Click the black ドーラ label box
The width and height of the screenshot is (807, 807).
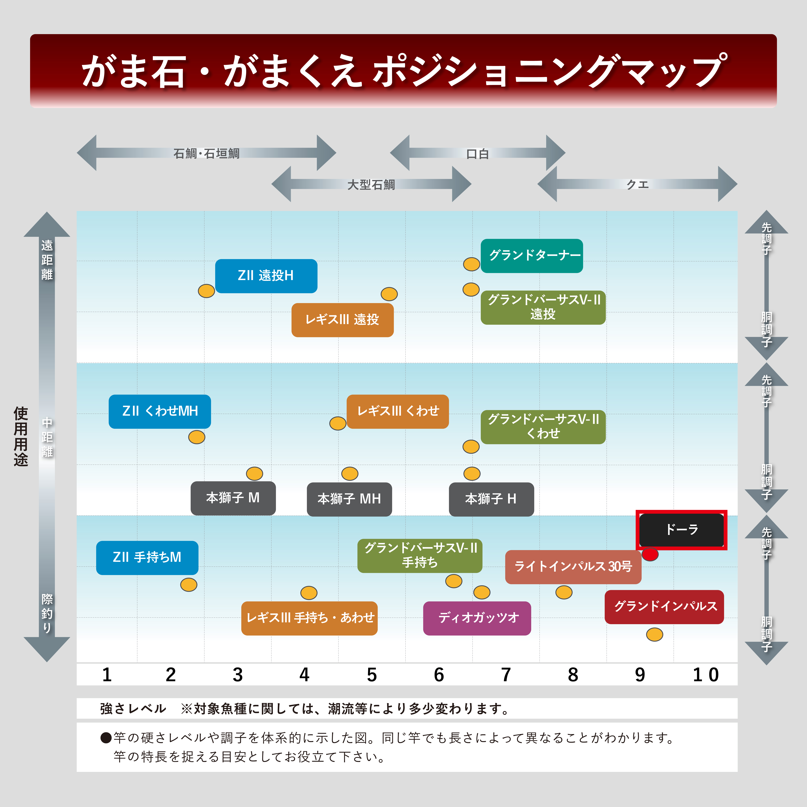[x=681, y=530]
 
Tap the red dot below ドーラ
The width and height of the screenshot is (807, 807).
[x=650, y=554]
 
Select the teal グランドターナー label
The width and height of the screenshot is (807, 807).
[x=532, y=256]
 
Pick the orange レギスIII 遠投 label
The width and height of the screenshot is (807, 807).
[x=343, y=320]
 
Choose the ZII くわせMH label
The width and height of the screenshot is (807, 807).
[x=160, y=411]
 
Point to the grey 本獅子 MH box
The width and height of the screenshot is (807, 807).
[x=349, y=499]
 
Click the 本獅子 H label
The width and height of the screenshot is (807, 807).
[x=491, y=499]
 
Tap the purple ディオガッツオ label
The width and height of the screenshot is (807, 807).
[x=477, y=618]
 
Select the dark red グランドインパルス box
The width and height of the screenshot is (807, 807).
[x=664, y=607]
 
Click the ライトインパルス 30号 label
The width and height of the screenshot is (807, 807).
[x=573, y=567]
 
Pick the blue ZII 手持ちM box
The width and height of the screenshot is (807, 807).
[x=147, y=558]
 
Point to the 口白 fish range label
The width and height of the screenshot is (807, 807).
[x=477, y=154]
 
